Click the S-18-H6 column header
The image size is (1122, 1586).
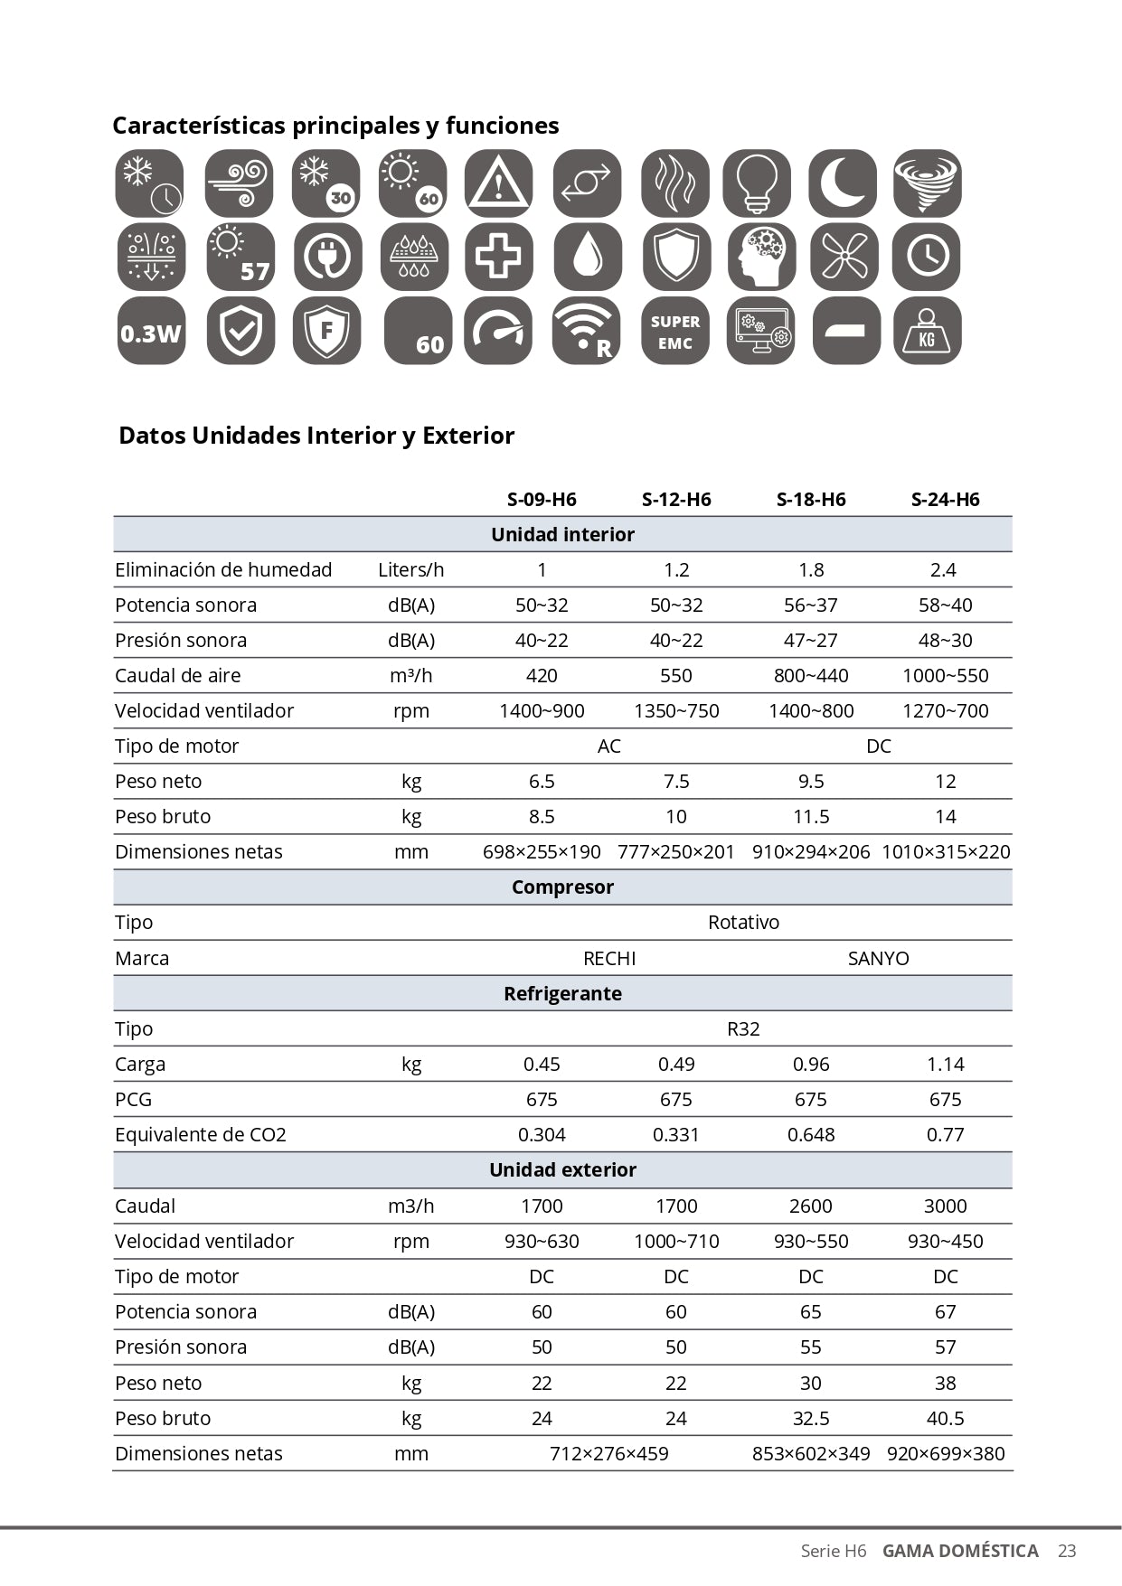click(811, 499)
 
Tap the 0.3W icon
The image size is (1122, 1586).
click(151, 331)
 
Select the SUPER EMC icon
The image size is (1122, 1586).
click(675, 331)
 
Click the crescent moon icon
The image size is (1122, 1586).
click(843, 183)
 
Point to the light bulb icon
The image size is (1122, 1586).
click(758, 183)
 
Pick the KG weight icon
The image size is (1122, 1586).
click(927, 331)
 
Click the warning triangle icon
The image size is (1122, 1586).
click(498, 183)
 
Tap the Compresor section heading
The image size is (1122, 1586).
click(562, 887)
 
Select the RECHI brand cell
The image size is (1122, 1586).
click(609, 958)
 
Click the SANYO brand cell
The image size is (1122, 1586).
click(878, 958)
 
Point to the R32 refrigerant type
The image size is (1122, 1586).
click(743, 1028)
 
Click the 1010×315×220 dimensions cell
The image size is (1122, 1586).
click(946, 851)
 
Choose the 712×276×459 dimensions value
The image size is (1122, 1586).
click(609, 1453)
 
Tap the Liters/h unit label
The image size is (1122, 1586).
click(411, 569)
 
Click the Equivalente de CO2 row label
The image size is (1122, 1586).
click(201, 1134)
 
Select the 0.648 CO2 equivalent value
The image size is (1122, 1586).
click(811, 1134)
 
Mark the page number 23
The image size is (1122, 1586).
click(1067, 1551)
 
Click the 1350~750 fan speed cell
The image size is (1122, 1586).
click(676, 710)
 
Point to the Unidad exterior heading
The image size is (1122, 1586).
click(562, 1169)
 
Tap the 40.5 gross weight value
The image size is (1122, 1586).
click(946, 1418)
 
